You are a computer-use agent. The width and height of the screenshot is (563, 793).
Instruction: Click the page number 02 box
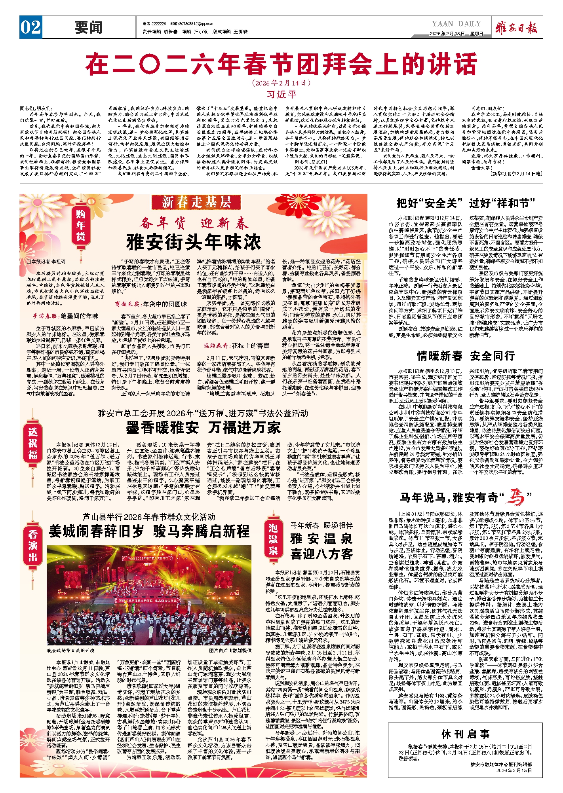click(30, 28)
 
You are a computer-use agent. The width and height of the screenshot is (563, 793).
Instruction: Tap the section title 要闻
click(89, 28)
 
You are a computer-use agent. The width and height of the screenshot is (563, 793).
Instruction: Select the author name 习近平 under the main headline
click(281, 95)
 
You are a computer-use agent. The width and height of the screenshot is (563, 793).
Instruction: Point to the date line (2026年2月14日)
click(281, 83)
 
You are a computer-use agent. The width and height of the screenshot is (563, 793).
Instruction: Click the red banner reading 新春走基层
click(196, 202)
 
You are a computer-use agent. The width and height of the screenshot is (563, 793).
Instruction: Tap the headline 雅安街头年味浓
click(194, 242)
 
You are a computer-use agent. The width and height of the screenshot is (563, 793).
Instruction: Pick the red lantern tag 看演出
click(33, 546)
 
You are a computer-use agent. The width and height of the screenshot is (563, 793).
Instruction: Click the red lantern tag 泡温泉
click(273, 539)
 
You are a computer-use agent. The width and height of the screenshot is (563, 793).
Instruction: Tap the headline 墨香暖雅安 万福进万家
click(203, 428)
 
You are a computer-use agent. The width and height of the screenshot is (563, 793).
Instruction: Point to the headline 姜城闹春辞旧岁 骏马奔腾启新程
click(149, 531)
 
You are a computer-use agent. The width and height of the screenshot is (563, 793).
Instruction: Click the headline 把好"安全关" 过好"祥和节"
click(466, 203)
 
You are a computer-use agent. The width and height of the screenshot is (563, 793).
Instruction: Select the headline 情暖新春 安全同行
click(466, 356)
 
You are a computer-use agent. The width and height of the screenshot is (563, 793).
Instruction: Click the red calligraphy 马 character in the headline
click(515, 497)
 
